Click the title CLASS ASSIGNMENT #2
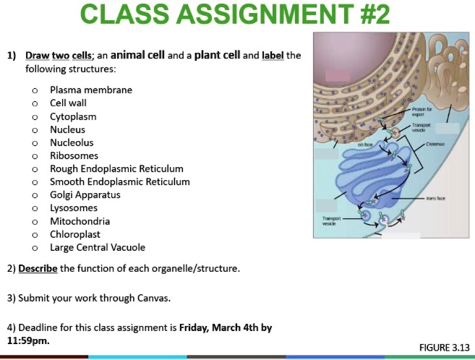[x=235, y=15]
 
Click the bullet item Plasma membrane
[x=91, y=90]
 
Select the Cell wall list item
[x=68, y=103]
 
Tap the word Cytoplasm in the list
[x=73, y=116]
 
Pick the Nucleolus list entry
[x=72, y=142]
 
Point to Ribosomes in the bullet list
[x=74, y=155]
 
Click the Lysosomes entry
[x=73, y=207]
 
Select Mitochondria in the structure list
[x=80, y=221]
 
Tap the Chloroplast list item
[x=75, y=234]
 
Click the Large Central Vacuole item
[x=98, y=247]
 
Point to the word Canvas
[x=154, y=298]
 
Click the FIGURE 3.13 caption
[x=444, y=348]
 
